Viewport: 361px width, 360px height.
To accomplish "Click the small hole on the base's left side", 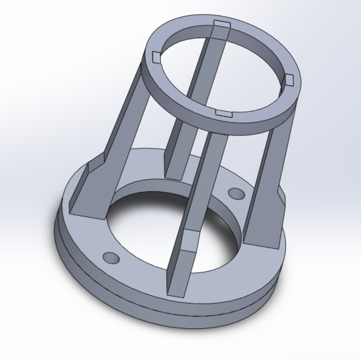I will click(x=110, y=258).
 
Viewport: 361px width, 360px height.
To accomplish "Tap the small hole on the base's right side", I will click(x=235, y=193).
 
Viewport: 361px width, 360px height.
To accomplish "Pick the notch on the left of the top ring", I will click(x=155, y=55).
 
